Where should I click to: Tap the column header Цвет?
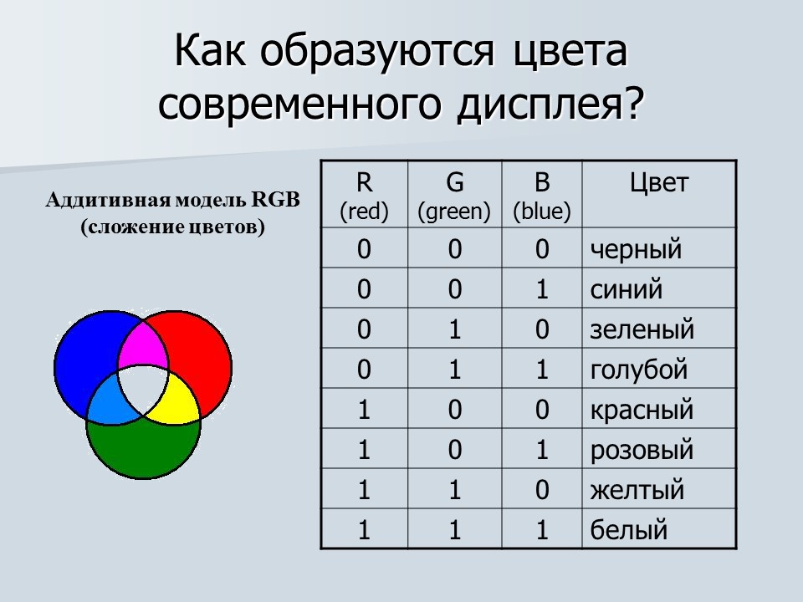pos(659,184)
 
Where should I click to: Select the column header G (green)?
pos(454,196)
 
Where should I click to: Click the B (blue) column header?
pos(541,196)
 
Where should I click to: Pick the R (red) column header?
pos(364,196)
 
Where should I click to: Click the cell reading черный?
pos(636,249)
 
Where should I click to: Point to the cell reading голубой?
pos(638,370)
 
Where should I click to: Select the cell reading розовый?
pos(642,451)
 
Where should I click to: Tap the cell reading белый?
pos(629,530)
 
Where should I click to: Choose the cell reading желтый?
pos(637,490)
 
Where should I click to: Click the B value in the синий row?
pos(541,290)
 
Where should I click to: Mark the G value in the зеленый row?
pos(454,329)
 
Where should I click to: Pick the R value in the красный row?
pos(364,411)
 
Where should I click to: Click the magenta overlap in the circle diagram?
pos(142,347)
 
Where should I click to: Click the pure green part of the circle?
pos(143,451)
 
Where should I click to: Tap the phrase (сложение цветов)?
pos(172,227)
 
